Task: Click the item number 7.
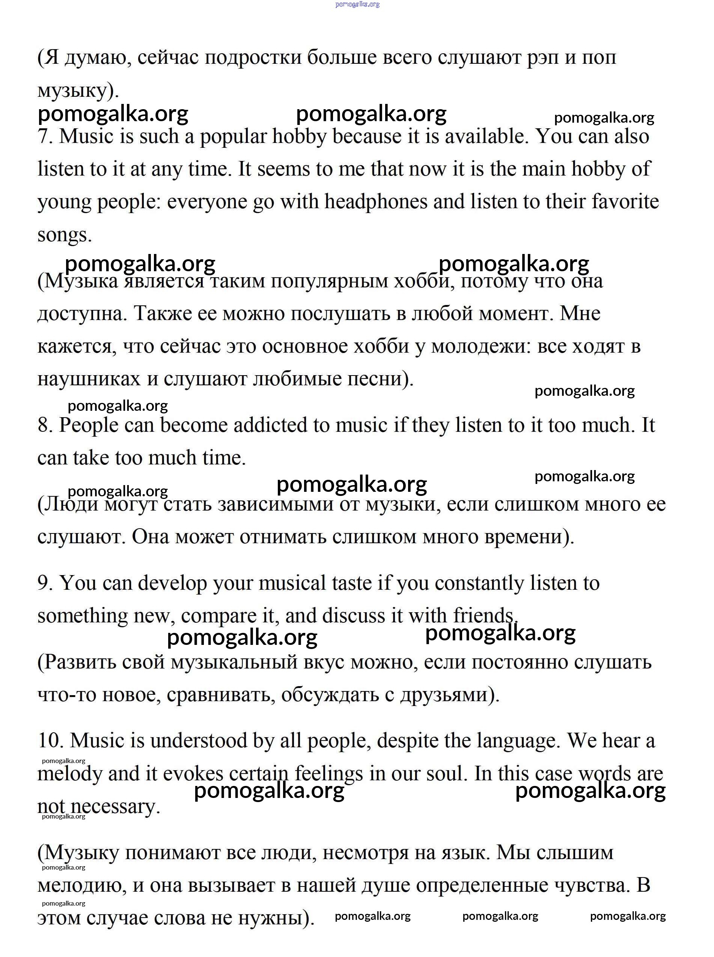coord(45,137)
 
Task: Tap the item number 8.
coord(45,425)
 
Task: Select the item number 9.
coord(45,583)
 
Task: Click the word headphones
coord(376,202)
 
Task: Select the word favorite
coord(624,202)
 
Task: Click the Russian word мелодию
coord(82,886)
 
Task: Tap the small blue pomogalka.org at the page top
coord(357,5)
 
